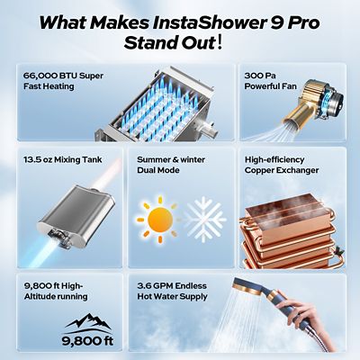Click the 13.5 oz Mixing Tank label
(63, 159)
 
